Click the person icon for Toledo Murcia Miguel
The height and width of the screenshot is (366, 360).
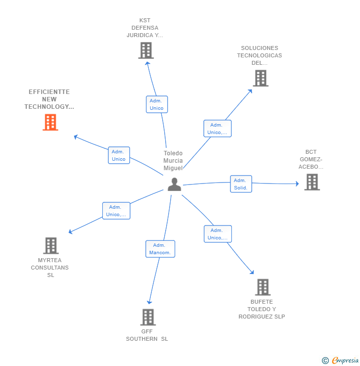pos(174,184)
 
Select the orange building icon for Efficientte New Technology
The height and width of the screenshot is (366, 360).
pos(50,122)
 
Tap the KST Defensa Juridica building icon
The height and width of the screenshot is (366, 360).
pos(146,50)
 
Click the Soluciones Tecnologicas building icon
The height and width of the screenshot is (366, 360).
pos(261,78)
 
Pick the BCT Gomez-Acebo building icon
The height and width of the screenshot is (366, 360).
pos(312,182)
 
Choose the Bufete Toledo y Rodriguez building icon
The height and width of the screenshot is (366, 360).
pos(263,287)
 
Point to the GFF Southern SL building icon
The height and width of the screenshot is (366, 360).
pos(148,317)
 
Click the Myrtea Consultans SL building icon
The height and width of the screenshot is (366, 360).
pos(50,245)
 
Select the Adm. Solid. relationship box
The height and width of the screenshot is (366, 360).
pos(241,184)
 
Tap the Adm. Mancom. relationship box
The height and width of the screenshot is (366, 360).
pos(160,249)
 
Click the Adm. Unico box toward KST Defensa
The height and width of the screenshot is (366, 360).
pos(157,104)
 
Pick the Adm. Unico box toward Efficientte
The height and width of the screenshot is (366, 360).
pos(119,155)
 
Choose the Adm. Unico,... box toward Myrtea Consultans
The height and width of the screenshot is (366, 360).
pos(116,211)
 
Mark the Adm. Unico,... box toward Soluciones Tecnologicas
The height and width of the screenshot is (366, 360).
pos(217,129)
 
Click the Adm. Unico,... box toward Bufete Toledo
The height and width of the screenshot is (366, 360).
pos(218,234)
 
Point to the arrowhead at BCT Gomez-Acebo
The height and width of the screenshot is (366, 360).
pos(297,184)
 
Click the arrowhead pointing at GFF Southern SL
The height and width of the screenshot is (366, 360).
pos(149,302)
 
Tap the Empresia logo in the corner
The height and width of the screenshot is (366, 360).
pos(340,361)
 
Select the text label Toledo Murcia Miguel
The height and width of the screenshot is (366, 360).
pos(173,161)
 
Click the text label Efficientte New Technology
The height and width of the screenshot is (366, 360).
pos(49,99)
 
